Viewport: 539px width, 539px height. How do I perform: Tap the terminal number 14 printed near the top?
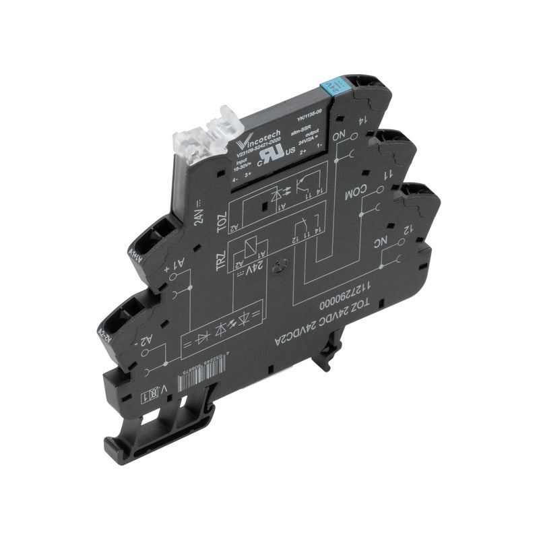click(x=362, y=123)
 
